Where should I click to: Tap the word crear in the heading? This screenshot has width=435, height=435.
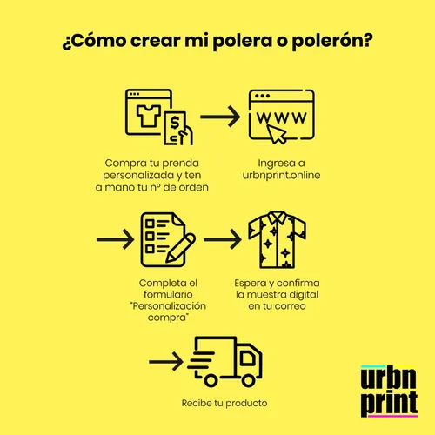[156, 41]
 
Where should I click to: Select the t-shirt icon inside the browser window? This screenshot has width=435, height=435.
[149, 116]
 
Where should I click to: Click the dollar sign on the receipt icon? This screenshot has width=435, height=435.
[175, 123]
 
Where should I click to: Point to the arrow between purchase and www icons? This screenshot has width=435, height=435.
[220, 117]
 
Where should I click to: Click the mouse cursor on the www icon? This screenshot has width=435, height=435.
[277, 134]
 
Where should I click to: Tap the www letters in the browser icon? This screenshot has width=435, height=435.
[281, 117]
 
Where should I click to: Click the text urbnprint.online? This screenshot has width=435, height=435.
[281, 175]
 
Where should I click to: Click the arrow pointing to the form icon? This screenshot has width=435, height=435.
[115, 239]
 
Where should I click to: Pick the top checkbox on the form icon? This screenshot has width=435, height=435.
[150, 224]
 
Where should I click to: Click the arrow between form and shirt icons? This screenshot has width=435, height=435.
[223, 239]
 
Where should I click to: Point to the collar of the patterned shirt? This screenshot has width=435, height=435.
[277, 217]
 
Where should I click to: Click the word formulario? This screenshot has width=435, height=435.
[168, 295]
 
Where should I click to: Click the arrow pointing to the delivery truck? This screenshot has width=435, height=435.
[166, 362]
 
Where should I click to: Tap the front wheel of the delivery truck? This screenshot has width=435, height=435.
[248, 380]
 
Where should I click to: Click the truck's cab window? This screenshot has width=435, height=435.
[247, 358]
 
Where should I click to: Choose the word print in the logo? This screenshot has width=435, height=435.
[389, 404]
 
